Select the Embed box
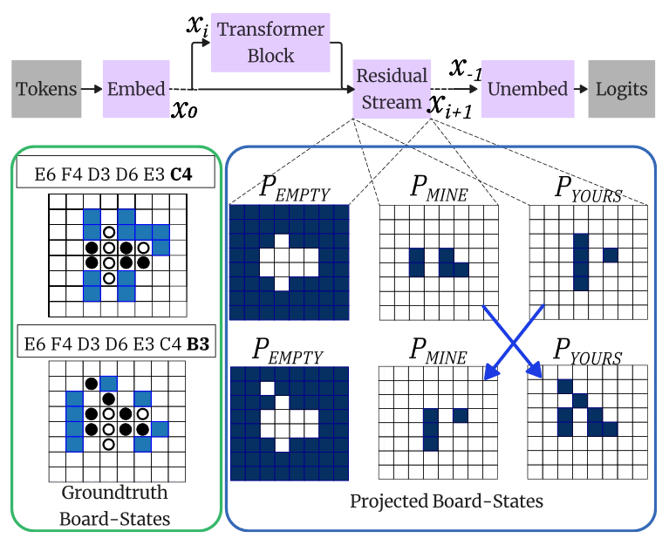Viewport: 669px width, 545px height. coord(137,89)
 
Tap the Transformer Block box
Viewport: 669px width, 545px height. coord(270,43)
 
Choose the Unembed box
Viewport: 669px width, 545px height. coord(528,89)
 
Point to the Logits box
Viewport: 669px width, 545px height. coord(622,89)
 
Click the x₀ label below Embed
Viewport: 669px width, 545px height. coord(184,111)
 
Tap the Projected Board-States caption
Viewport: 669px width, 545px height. coord(447,501)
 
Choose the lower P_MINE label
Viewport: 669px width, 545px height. coord(437,353)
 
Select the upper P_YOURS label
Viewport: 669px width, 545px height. coord(587,189)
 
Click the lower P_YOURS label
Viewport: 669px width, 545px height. coord(587,354)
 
